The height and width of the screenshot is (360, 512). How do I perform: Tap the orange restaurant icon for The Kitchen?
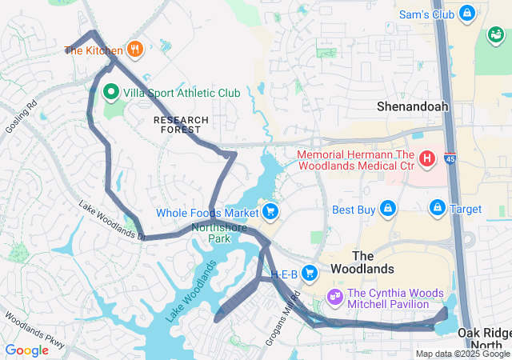point(134,50)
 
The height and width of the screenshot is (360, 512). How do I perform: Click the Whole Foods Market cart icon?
point(270,212)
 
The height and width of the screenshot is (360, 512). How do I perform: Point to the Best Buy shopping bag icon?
point(388,210)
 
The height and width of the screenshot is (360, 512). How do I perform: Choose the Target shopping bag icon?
point(438,209)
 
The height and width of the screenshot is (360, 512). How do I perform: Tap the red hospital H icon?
point(427,158)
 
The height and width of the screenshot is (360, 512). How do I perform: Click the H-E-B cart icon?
point(310,274)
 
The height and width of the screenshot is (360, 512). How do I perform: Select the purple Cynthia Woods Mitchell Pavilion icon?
point(335,296)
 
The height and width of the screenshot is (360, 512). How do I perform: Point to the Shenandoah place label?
point(413,106)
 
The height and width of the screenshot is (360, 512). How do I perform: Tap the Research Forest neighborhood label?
point(181,125)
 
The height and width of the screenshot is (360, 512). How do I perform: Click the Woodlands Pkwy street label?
point(32,328)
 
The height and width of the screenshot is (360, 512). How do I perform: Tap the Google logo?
point(26,350)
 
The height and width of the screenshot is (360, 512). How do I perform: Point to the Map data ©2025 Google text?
point(462,354)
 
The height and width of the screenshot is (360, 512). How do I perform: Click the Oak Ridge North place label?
point(484,338)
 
